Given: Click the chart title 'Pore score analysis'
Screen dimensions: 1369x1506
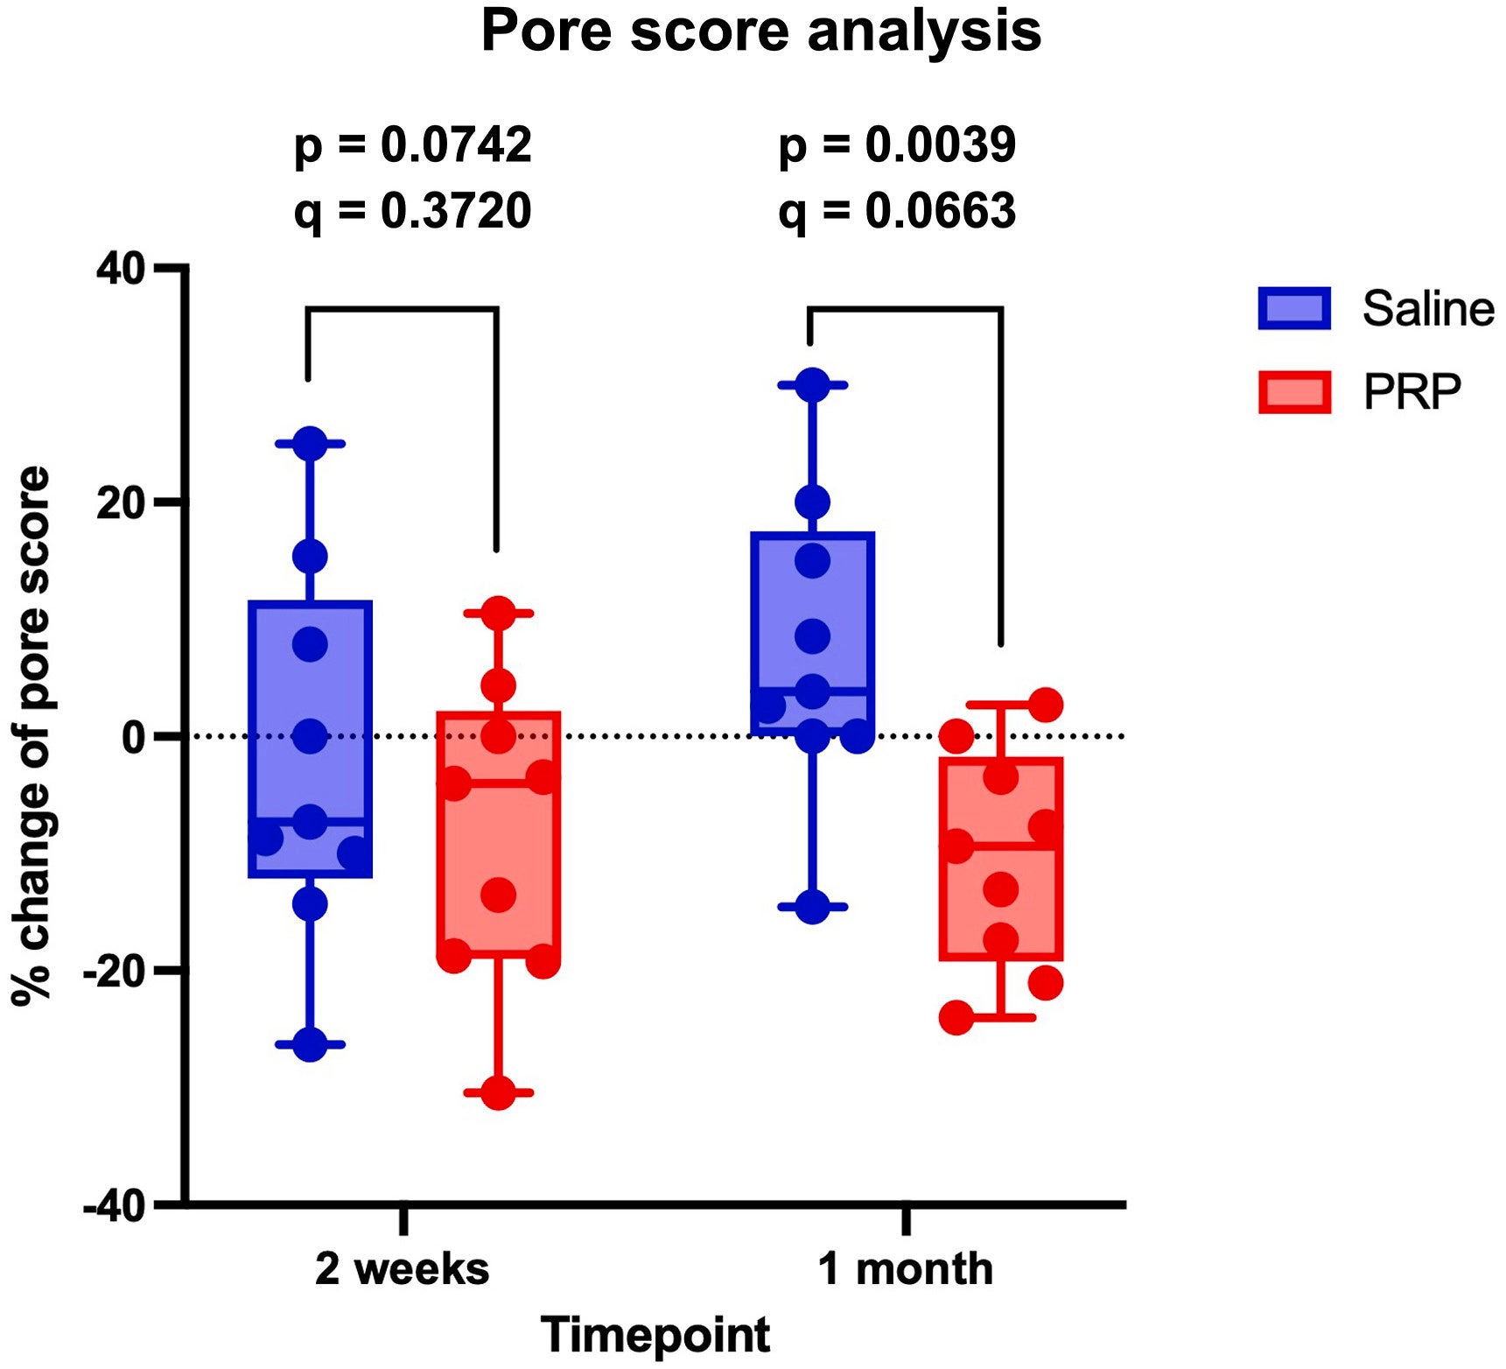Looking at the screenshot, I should pos(760,32).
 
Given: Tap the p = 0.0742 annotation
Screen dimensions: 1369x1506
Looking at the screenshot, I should pos(412,144).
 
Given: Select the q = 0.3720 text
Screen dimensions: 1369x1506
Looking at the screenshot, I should pos(412,211).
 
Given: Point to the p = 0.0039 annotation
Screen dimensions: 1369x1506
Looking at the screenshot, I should pos(897,144).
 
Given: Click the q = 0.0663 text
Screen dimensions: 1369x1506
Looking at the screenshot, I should pos(897,211).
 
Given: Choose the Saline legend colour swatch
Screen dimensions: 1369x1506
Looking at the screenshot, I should pos(1294,308).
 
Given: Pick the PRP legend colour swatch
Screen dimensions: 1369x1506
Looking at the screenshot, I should pos(1294,391).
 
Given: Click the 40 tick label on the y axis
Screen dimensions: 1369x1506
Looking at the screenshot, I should pos(121,269).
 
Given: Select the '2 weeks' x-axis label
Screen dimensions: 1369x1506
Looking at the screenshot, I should pos(403,1268).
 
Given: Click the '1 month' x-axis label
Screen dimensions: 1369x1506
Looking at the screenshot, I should pos(906,1268).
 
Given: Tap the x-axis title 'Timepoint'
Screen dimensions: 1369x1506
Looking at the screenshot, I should pos(655,1334).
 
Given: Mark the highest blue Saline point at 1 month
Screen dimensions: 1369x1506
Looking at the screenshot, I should pos(813,385).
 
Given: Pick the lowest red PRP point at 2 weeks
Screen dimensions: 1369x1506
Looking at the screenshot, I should pos(498,1092).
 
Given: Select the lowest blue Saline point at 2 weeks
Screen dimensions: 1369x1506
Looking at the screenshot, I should pos(310,1044).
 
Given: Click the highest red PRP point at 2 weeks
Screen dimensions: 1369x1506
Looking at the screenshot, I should pos(498,613).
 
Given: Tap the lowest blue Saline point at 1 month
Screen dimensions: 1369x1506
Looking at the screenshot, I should pos(813,907).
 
